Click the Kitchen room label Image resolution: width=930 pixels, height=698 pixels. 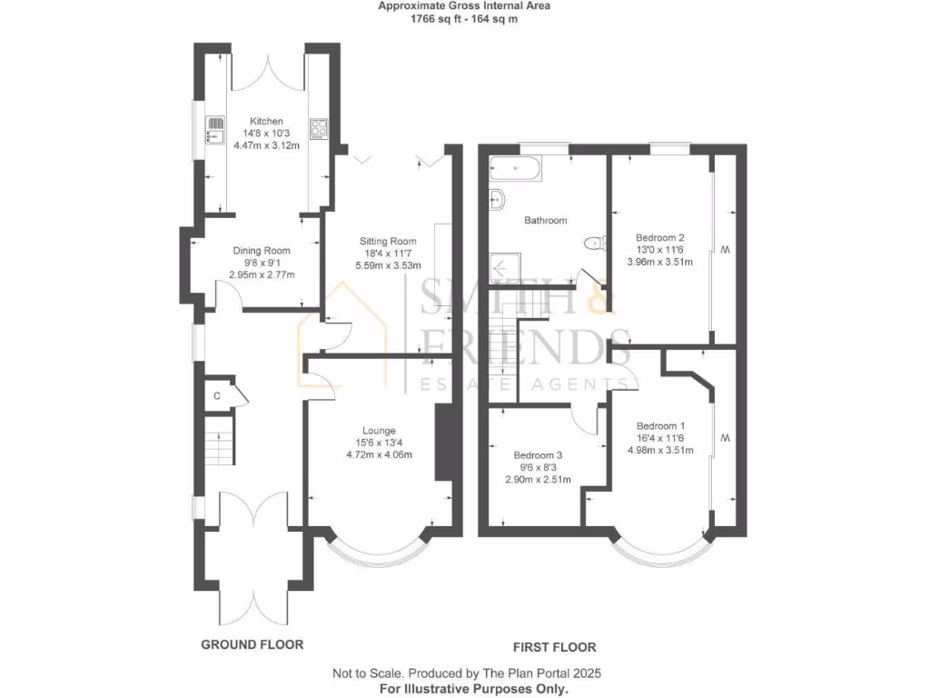click(267, 121)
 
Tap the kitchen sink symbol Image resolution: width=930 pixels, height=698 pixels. click(215, 131)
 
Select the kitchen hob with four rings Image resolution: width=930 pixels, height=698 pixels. click(318, 129)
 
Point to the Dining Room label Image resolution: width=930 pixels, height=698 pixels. click(262, 251)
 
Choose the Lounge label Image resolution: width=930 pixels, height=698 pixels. click(380, 431)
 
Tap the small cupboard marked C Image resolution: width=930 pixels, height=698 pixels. click(217, 395)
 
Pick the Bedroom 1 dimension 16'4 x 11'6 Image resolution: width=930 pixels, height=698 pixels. click(659, 437)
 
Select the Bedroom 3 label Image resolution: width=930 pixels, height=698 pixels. click(538, 455)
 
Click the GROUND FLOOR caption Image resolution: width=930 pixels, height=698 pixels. click(252, 644)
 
